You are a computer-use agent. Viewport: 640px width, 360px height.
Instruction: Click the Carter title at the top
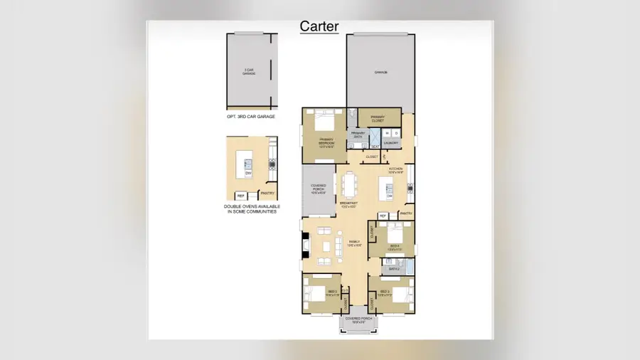(319, 26)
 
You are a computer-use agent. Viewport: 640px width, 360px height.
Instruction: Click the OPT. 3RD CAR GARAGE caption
(251, 116)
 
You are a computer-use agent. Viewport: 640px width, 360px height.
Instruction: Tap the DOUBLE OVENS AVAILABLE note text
(251, 209)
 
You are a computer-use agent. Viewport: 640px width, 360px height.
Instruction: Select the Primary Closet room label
(378, 118)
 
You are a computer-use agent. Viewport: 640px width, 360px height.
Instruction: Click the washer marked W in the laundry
(386, 133)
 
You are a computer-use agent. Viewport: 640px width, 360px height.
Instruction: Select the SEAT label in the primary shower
(375, 147)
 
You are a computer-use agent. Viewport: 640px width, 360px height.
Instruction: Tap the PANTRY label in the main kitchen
(406, 213)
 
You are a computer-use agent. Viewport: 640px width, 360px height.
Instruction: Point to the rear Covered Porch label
(319, 188)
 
